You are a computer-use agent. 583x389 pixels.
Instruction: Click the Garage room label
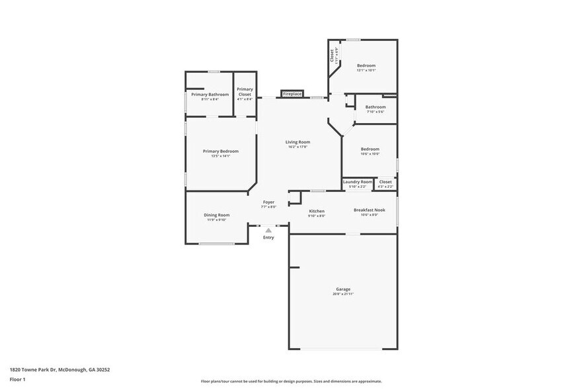tap(342, 290)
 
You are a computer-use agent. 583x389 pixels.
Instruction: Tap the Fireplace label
tap(292, 94)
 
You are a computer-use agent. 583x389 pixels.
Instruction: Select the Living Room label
tap(297, 142)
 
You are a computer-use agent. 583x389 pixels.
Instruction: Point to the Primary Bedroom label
tap(220, 151)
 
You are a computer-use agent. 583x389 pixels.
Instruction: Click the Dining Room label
tap(216, 215)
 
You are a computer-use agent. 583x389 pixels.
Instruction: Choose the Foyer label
tap(268, 202)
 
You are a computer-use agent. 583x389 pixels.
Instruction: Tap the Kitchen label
tap(317, 211)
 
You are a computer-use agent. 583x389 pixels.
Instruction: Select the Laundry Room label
tap(358, 182)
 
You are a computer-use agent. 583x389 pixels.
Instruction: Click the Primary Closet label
tap(245, 92)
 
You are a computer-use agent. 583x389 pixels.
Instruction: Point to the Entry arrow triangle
tap(268, 230)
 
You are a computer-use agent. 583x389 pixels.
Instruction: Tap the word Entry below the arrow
tap(268, 238)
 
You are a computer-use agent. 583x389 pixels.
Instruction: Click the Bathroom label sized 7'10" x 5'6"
tap(375, 107)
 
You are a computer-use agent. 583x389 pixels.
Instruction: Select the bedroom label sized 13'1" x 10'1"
tap(366, 65)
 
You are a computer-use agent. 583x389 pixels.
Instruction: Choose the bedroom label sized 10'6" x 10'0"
tap(369, 150)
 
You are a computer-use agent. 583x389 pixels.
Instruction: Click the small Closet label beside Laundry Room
tap(385, 182)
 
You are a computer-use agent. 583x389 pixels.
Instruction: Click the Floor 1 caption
tap(18, 379)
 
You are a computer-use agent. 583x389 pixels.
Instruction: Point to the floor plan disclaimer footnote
tap(291, 382)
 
